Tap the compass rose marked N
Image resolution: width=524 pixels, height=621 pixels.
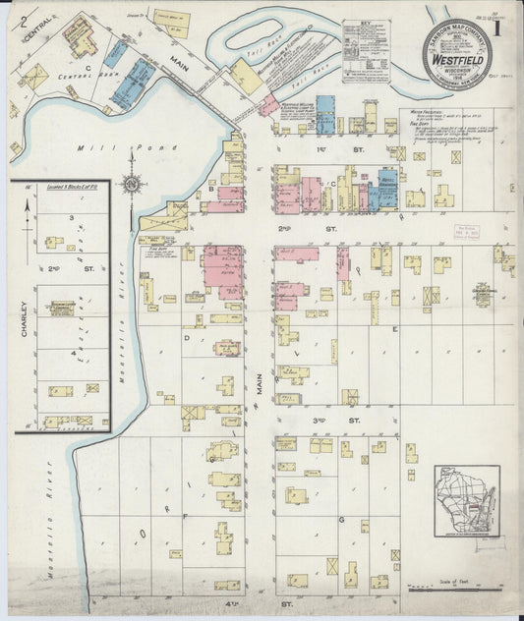[131, 182]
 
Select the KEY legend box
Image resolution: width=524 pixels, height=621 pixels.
[366, 50]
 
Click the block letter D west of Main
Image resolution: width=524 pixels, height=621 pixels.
[186, 336]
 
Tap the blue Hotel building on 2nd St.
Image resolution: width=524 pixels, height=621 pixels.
[386, 191]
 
